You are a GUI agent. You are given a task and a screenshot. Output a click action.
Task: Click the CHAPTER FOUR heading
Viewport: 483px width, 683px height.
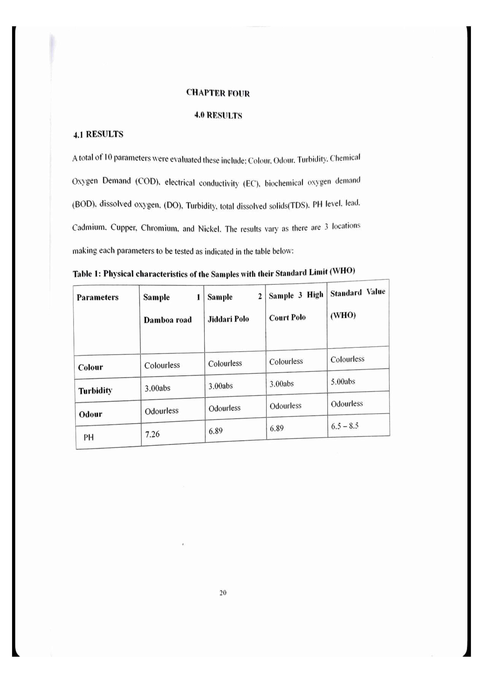[x=218, y=93]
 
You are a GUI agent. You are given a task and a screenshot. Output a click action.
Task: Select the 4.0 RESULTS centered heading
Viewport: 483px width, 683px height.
[x=218, y=115]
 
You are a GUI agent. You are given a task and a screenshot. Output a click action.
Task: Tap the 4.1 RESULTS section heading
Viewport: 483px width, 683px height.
[x=98, y=134]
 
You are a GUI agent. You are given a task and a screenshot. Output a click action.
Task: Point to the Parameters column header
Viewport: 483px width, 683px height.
[x=98, y=297]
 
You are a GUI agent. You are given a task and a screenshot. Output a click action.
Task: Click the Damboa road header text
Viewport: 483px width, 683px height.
[x=167, y=320]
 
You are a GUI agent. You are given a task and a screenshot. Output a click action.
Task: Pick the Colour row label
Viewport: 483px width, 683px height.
[x=91, y=367]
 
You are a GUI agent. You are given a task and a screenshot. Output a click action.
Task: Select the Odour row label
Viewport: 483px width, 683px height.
[x=91, y=414]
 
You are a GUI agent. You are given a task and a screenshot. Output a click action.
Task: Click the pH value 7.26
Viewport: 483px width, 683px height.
[x=152, y=434]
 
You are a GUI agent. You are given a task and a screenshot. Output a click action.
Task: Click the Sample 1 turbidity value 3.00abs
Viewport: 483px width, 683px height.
[x=157, y=388]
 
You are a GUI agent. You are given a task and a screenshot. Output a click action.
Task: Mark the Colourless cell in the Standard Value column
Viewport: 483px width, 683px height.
[x=347, y=359]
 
